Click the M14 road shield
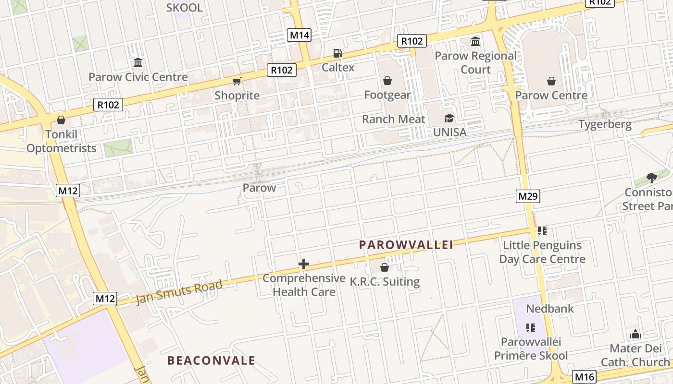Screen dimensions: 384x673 [299, 35]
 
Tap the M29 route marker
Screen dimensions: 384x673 [528, 196]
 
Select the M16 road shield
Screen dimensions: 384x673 [585, 377]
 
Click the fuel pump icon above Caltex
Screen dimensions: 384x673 [338, 53]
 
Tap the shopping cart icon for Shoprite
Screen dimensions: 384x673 [237, 81]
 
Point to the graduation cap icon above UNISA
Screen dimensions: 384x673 [449, 118]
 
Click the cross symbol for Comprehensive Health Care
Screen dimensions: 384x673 [304, 264]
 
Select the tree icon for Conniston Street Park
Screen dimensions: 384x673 [652, 178]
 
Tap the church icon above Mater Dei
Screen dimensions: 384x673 [635, 334]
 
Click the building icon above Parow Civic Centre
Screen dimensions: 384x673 [138, 63]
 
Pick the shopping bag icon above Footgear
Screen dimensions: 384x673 [387, 81]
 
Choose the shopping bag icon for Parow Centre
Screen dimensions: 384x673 [551, 81]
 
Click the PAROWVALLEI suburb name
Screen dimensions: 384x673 [406, 245]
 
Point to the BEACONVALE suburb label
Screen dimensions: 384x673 [211, 360]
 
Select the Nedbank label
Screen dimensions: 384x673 [550, 309]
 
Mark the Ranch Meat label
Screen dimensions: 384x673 [393, 119]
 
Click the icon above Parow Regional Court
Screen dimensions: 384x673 [475, 42]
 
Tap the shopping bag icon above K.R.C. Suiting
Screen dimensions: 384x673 [384, 267]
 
